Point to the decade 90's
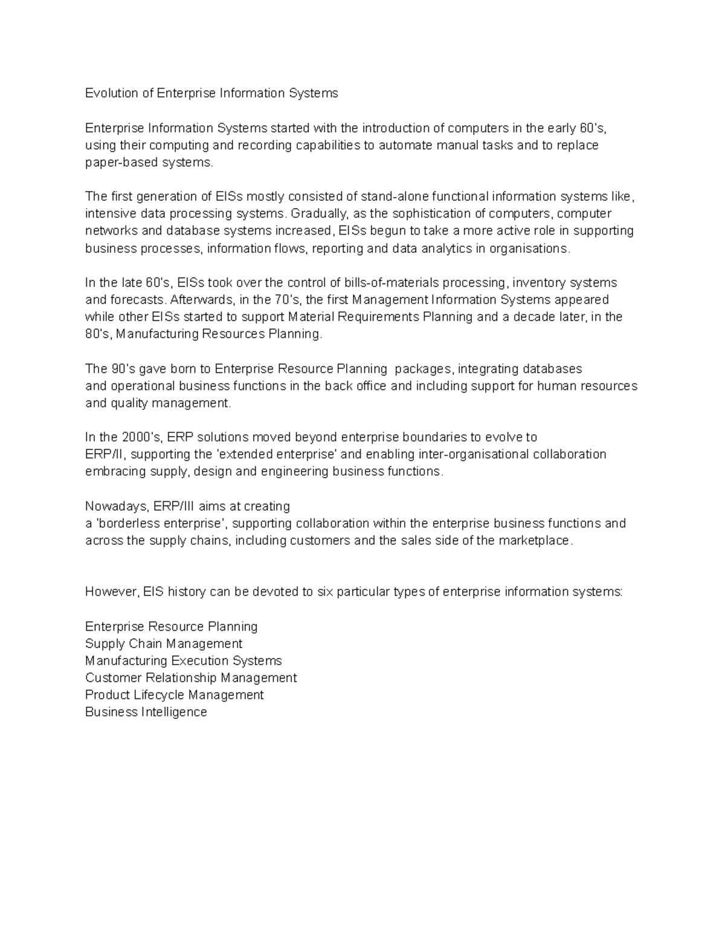coord(123,369)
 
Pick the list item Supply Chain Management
coord(164,643)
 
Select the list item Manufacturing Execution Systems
coord(183,660)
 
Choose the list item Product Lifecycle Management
coord(174,695)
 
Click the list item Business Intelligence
coord(146,712)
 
